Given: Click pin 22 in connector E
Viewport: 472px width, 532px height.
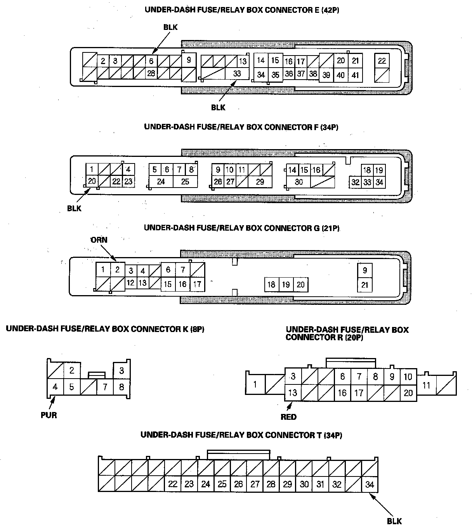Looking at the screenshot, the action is coord(382,61).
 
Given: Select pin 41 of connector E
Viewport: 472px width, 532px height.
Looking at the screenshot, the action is coord(355,75).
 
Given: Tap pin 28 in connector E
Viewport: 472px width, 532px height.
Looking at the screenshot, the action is coord(151,73).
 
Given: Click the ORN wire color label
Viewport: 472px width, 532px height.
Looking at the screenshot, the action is coord(99,240).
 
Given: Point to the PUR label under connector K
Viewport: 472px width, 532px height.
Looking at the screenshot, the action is coord(49,415).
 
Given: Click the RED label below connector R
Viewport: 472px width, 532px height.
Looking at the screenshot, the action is coord(288,417).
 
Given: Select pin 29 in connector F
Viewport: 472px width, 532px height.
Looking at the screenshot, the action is coord(260,181).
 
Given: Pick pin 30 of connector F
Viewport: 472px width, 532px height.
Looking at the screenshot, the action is coord(299,181).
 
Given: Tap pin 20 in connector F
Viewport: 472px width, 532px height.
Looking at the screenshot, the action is coord(92,181).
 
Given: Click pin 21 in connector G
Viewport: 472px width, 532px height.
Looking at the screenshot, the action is coord(364,285).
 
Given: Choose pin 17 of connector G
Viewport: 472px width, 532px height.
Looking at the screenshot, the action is coord(197,284).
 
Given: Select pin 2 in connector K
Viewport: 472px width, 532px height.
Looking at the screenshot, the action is coord(72,370).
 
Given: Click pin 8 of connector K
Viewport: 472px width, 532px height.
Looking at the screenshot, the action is coord(121,387).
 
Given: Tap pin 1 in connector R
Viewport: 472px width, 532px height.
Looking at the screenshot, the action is coord(255,384).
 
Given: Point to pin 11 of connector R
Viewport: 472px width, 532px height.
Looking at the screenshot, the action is coord(426,385).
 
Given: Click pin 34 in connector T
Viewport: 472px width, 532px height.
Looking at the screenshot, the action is coord(370,484).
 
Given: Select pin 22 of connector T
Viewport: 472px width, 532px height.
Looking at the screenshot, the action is coord(173,484).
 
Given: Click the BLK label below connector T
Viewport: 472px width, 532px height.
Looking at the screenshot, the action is coord(394,521).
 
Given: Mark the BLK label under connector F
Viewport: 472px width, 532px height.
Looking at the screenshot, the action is coord(74,209).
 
